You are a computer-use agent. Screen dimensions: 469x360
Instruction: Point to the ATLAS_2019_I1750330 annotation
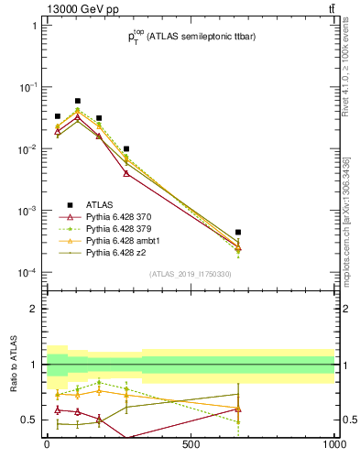tap(191, 274)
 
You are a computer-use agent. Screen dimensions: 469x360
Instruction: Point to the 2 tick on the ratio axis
tap(33, 309)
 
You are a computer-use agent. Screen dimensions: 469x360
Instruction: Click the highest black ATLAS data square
tap(78, 101)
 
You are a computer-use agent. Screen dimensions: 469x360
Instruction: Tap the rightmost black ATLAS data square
tap(238, 233)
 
